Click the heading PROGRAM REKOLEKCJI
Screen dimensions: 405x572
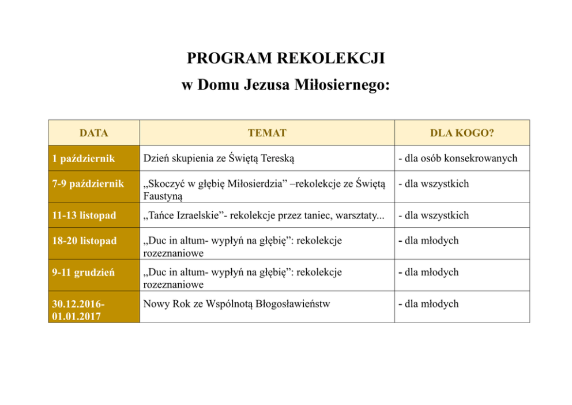pos(285,58)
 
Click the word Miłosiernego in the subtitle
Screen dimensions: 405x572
pos(343,85)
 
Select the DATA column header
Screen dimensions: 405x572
pos(93,133)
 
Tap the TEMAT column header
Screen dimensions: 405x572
pos(267,133)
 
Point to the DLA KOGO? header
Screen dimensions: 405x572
pos(462,133)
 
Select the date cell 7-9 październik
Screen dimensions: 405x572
pos(87,184)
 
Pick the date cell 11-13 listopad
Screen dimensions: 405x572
pos(83,215)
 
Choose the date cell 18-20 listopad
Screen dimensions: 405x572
pos(84,241)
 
